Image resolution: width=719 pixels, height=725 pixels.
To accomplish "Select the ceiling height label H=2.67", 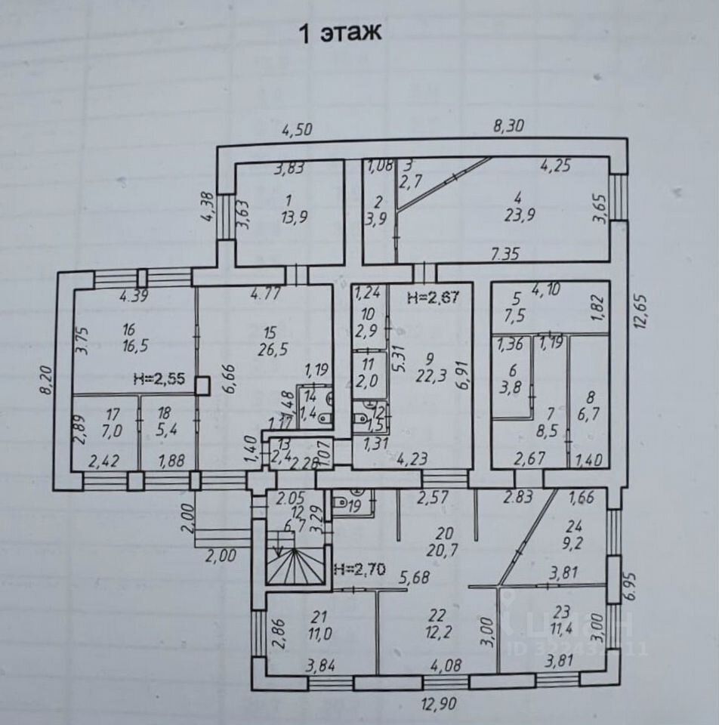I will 432,297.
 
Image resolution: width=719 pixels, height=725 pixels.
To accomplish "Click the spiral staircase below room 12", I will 295,563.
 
